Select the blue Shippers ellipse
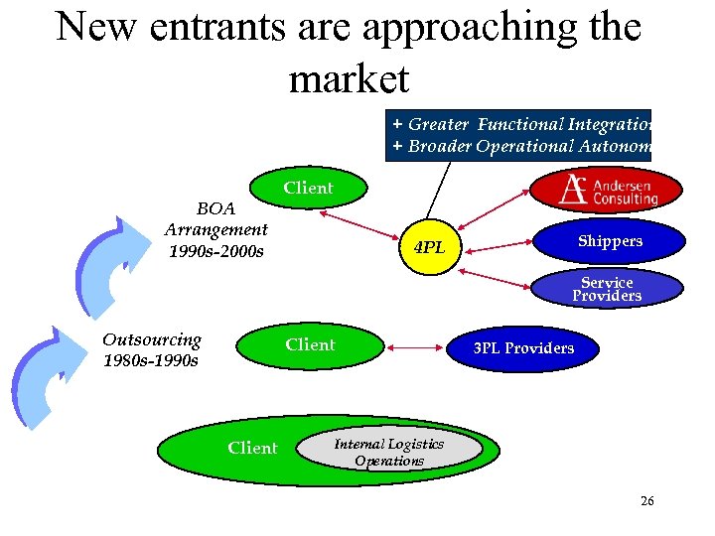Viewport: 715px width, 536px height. tap(610, 241)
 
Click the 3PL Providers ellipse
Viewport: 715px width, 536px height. tap(522, 348)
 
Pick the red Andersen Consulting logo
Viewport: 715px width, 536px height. tap(607, 189)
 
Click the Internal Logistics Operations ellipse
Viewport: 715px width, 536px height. tap(388, 453)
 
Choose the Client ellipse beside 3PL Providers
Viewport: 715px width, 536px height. tap(310, 345)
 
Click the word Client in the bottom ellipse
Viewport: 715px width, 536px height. tap(252, 449)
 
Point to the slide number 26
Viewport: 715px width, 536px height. tap(646, 501)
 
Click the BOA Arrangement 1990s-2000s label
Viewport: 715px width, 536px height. tap(215, 230)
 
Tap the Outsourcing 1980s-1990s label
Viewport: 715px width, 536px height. tap(151, 349)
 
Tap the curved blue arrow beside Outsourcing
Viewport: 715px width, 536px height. tap(44, 377)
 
